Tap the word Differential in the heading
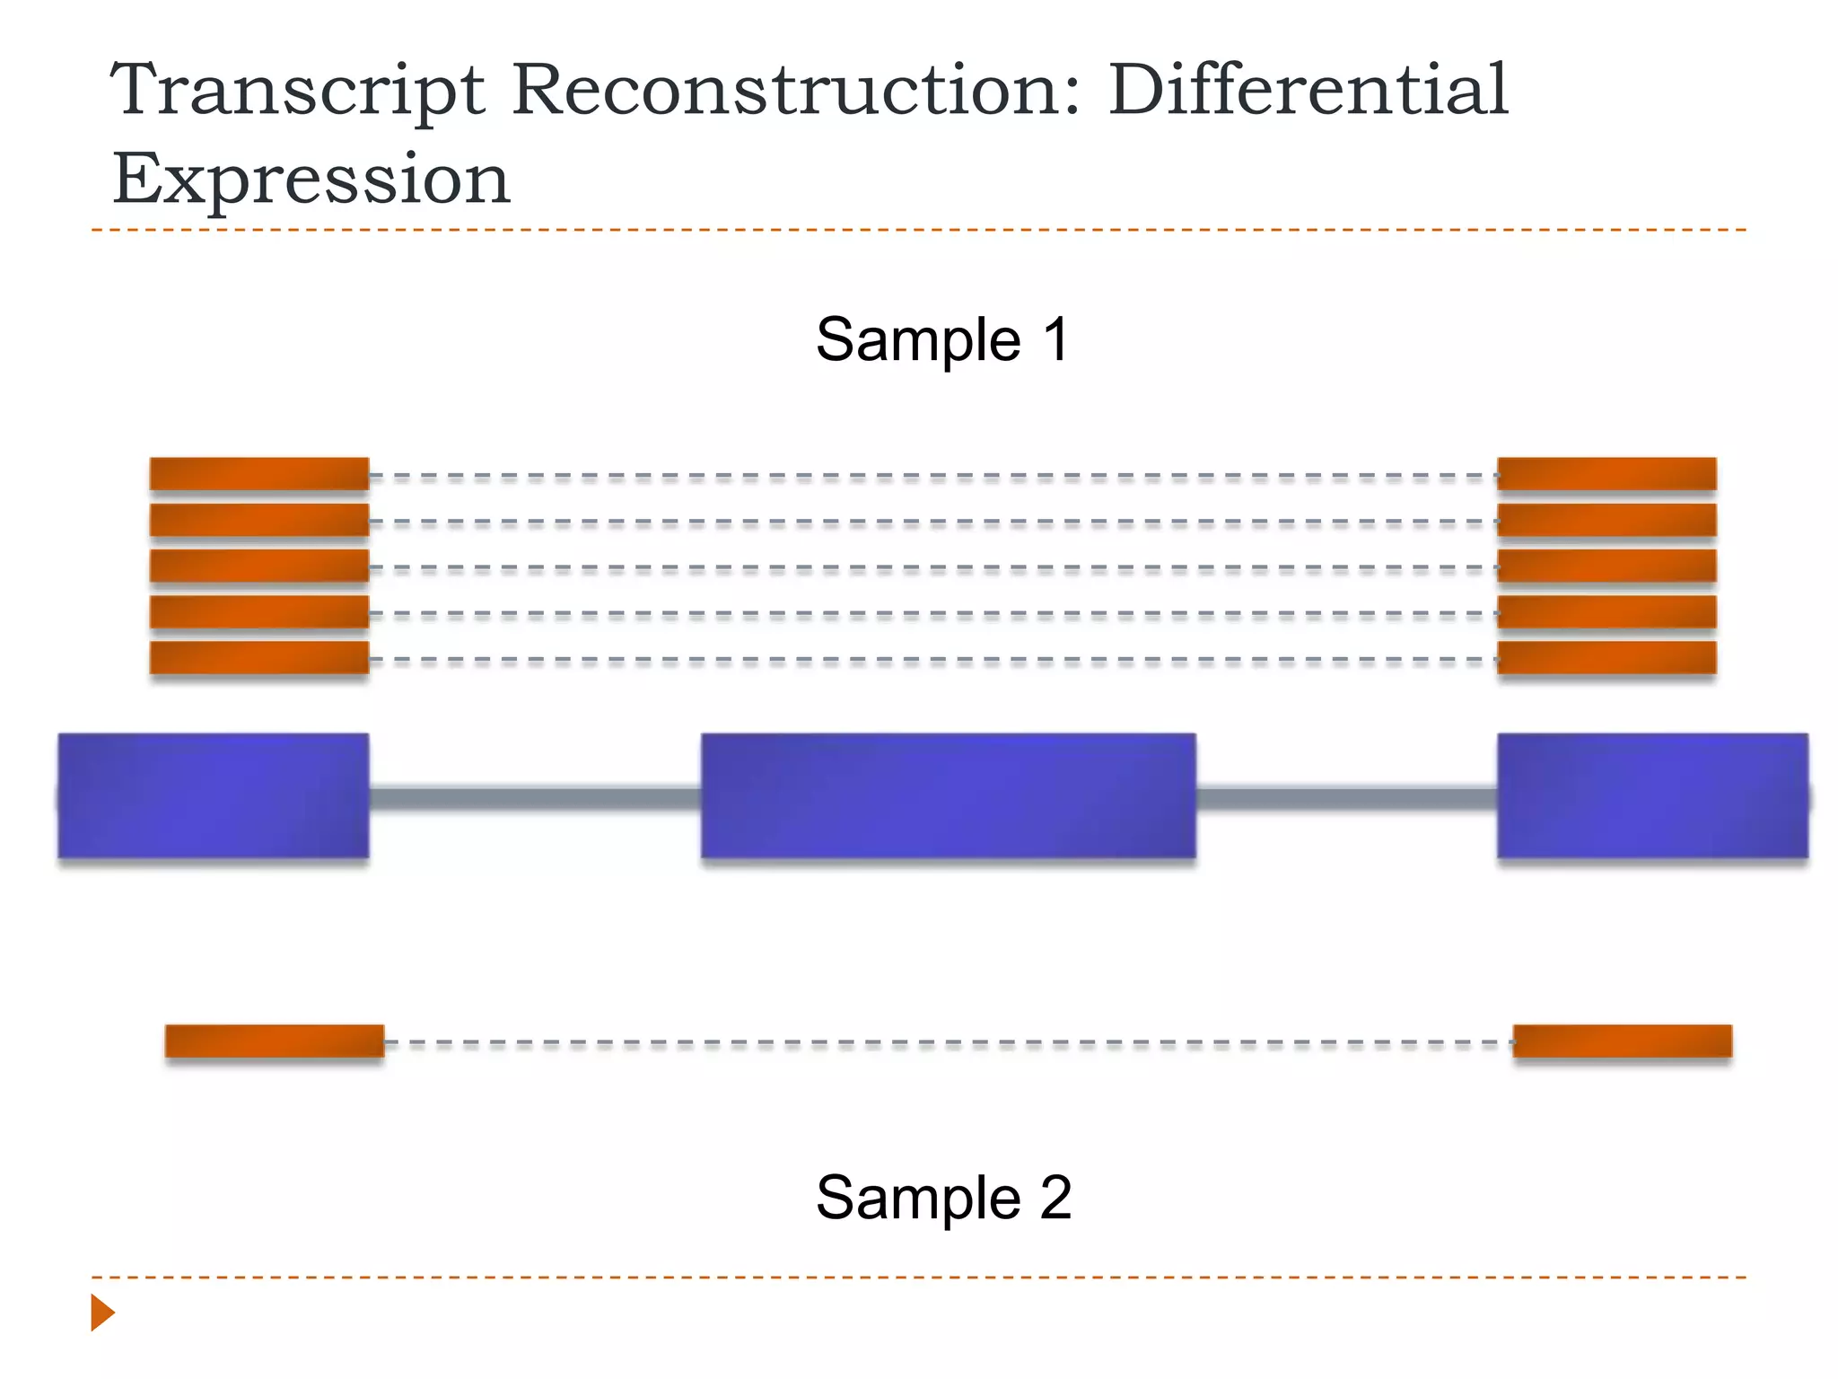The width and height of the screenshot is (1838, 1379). click(x=1308, y=90)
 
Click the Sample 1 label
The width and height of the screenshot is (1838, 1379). click(x=942, y=339)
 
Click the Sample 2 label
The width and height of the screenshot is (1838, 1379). click(x=943, y=1197)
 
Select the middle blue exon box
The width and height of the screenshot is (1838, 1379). click(x=948, y=795)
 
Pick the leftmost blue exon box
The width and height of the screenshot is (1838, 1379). click(x=214, y=795)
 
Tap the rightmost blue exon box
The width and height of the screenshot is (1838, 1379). click(x=1652, y=795)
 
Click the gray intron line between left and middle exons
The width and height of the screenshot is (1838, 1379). click(x=535, y=798)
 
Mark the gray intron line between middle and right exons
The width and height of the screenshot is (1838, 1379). click(x=1346, y=798)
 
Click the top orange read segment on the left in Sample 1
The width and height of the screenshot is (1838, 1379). click(x=259, y=474)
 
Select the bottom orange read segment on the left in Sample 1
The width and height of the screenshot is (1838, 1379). click(x=259, y=657)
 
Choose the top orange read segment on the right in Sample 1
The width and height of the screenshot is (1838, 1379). click(x=1606, y=474)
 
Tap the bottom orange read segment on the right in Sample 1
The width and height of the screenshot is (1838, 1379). click(x=1606, y=657)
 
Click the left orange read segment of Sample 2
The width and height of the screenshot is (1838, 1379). click(x=275, y=1041)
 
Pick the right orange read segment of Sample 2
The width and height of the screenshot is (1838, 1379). click(x=1623, y=1041)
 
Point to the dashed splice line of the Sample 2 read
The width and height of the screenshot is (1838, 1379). click(x=948, y=1043)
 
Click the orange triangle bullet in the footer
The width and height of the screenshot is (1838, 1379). click(x=101, y=1313)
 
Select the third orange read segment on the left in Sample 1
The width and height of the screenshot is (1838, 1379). click(x=259, y=566)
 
